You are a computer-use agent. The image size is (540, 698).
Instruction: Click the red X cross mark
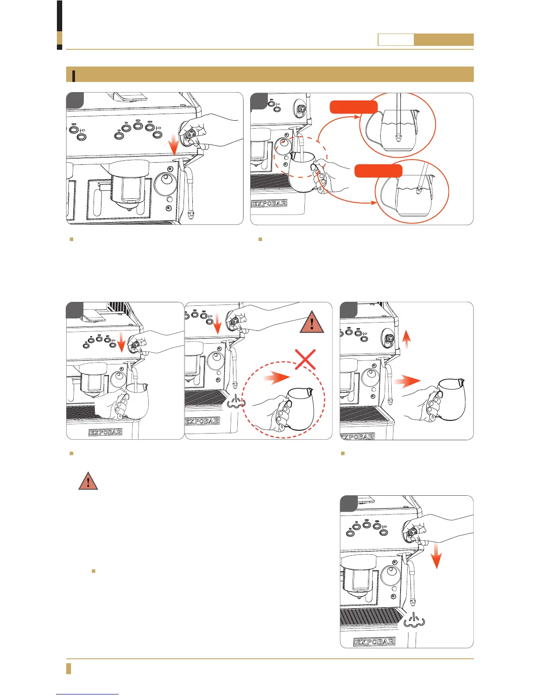coord(305,359)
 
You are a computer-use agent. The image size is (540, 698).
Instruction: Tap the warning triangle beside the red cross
coord(312,323)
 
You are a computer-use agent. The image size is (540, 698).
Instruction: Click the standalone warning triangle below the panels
coord(88,481)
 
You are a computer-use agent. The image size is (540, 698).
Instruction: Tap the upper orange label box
coord(354,107)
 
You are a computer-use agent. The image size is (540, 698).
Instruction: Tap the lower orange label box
coord(379,171)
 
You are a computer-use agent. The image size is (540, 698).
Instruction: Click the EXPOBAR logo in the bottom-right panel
coord(375,642)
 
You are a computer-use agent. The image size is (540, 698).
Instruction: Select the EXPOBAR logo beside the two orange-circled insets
coord(269,204)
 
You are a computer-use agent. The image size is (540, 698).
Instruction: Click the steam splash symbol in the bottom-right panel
coord(414,620)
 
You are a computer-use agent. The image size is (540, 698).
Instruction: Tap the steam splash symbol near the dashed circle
coord(236,400)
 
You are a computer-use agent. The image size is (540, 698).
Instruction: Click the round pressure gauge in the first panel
coord(166,181)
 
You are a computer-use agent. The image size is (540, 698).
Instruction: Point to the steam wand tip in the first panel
coord(190,215)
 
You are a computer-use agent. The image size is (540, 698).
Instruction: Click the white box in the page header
coord(396,40)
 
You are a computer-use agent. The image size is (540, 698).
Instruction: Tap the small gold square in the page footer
coord(68,668)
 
